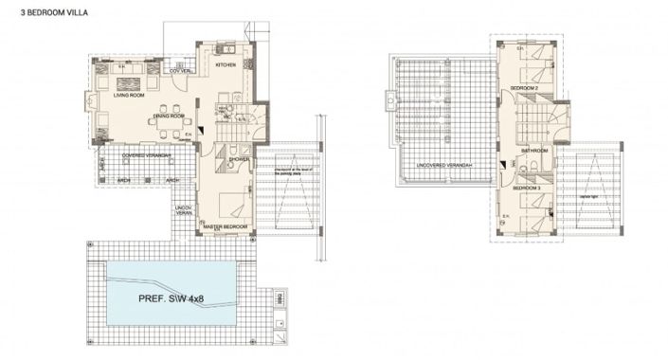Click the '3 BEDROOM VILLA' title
click(37, 15)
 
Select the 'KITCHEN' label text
click(225, 65)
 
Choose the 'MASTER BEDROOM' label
click(226, 227)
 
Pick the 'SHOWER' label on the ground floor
click(238, 160)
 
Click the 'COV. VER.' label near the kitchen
click(181, 71)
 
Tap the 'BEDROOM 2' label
click(524, 87)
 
